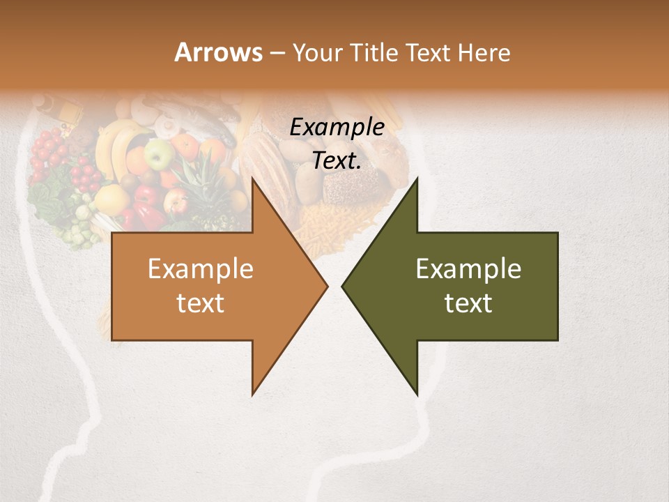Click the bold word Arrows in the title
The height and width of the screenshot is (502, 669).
217,52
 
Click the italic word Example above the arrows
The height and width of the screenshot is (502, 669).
337,128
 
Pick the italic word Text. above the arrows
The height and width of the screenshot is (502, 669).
337,161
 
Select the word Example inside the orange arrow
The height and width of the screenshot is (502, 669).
200,269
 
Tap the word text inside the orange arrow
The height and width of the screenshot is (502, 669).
200,303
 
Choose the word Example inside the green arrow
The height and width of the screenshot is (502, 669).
468,269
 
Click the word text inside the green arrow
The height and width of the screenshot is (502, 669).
468,303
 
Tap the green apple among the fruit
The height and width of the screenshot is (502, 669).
159,153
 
